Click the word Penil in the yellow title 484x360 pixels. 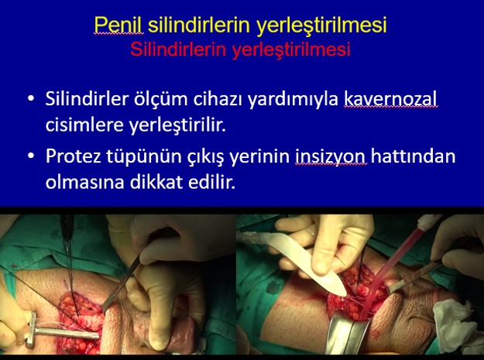point(118,24)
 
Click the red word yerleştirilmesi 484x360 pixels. point(291,50)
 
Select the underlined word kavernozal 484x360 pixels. point(391,99)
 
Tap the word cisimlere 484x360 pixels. point(84,125)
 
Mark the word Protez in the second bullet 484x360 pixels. point(74,156)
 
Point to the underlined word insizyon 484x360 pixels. point(331,157)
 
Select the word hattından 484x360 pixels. point(414,156)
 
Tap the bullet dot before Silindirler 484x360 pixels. point(31,99)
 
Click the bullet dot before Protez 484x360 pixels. point(31,156)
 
